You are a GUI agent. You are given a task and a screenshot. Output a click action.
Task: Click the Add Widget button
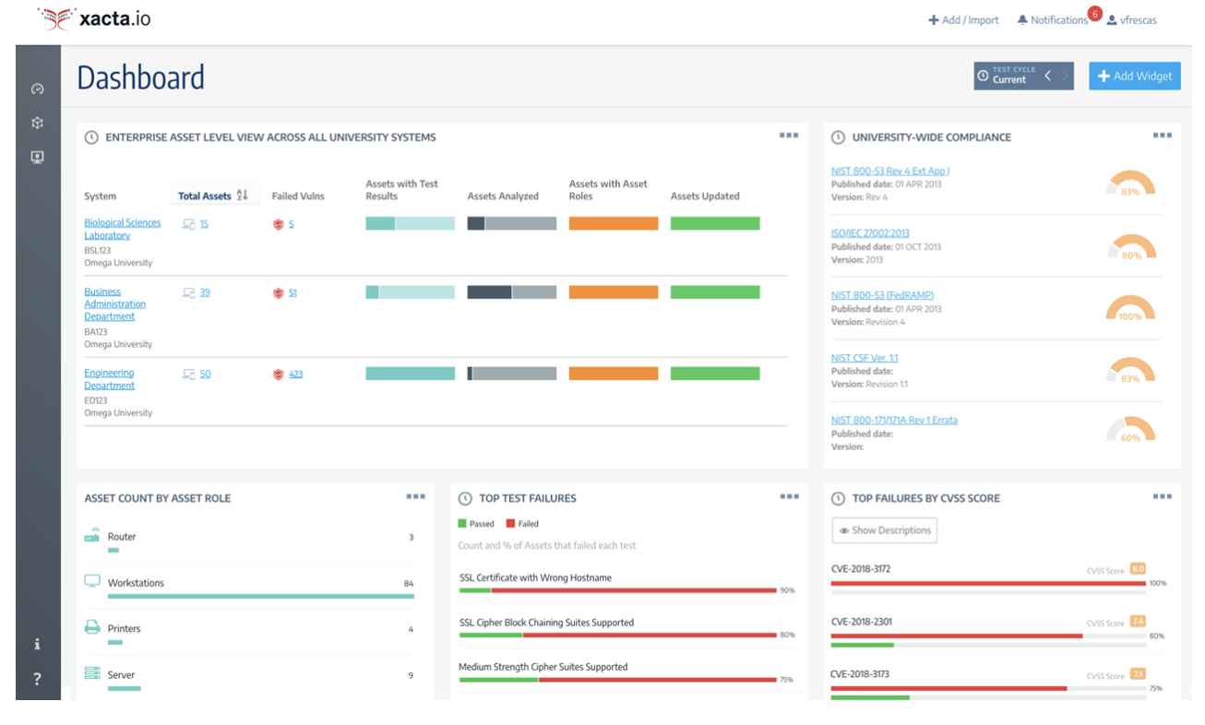[1134, 76]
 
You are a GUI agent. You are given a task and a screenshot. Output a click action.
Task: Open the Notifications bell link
[1052, 20]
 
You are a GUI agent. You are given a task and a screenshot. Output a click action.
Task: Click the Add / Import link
[963, 20]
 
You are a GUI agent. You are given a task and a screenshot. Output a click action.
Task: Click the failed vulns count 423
[295, 374]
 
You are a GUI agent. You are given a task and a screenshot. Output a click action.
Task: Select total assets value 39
[205, 292]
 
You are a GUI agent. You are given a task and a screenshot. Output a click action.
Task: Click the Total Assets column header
[204, 196]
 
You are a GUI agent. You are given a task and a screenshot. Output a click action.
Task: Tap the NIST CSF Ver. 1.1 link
[864, 358]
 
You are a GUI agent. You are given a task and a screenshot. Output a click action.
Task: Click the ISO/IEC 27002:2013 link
[869, 233]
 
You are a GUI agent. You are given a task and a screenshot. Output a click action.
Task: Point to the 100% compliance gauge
[1130, 309]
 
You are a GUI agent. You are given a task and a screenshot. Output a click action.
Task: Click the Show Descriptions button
[884, 530]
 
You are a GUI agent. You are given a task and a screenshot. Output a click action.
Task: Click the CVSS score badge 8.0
[1137, 569]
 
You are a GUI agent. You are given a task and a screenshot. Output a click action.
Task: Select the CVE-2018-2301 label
[860, 622]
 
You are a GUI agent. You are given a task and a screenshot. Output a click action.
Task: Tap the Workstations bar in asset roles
[260, 596]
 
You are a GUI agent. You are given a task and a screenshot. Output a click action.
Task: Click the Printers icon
[92, 627]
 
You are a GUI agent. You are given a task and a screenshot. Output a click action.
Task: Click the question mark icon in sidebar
[37, 679]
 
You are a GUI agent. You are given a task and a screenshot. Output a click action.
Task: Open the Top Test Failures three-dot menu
[789, 496]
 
